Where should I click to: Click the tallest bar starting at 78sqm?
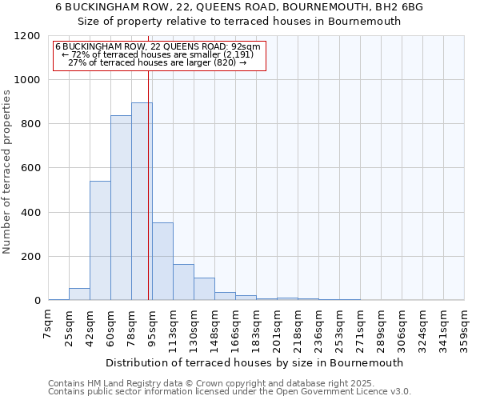point(142,202)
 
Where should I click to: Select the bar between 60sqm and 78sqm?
point(121,208)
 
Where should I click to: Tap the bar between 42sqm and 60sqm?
point(100,240)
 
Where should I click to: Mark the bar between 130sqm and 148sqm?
point(204,289)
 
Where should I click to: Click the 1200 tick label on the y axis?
point(26,36)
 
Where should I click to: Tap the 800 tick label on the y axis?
point(30,124)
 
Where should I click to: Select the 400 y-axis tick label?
point(30,213)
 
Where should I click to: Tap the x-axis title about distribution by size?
point(254,362)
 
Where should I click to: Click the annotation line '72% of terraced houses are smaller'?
point(158,54)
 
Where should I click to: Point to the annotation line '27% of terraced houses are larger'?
point(158,62)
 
